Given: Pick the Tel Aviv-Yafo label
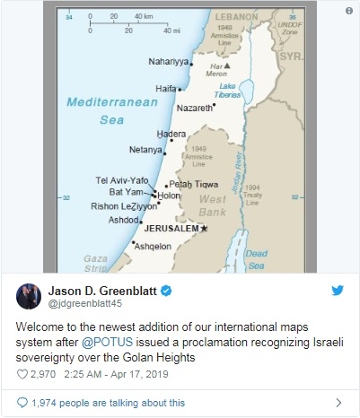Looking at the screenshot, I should click(x=122, y=179).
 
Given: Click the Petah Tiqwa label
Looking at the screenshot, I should click(x=194, y=184).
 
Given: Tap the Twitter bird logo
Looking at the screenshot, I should click(x=339, y=291).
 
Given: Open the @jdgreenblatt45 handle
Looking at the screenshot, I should click(x=89, y=305).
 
